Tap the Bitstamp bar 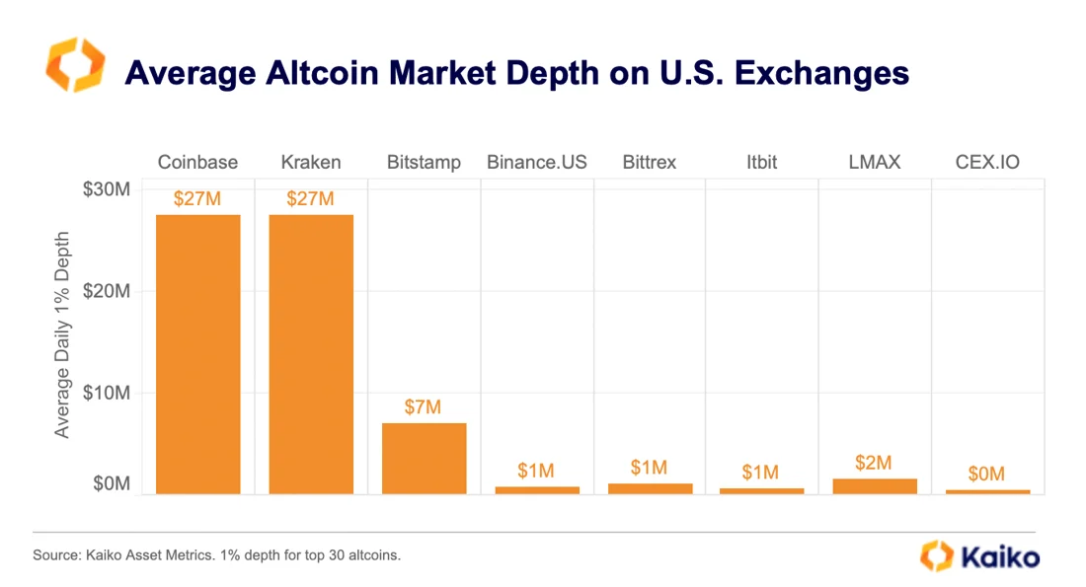[424, 458]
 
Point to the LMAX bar [875, 485]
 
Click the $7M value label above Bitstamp [424, 406]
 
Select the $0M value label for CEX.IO [987, 475]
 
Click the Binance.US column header [536, 162]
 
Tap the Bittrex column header [650, 162]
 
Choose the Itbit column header [762, 162]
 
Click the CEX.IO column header [987, 162]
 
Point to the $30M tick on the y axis [106, 189]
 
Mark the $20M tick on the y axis [106, 291]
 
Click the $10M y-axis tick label [106, 393]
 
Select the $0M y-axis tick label [112, 483]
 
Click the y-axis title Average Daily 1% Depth [63, 335]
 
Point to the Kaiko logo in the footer [979, 555]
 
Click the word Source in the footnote [55, 555]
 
